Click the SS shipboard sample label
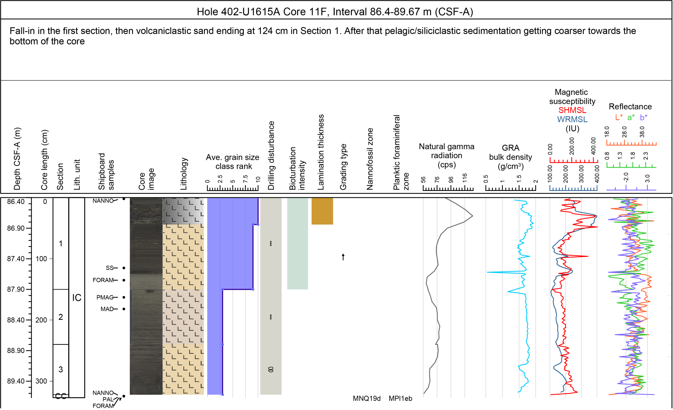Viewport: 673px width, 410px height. coord(110,268)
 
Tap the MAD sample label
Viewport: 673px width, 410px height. coord(107,309)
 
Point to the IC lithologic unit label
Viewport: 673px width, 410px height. coord(77,298)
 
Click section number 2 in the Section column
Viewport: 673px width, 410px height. coord(61,317)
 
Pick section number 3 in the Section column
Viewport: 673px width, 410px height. coord(61,369)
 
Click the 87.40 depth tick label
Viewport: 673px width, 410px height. coord(16,258)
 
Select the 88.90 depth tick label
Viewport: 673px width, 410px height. coord(16,350)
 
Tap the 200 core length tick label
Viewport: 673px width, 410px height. coord(41,320)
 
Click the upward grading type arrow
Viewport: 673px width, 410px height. coord(343,257)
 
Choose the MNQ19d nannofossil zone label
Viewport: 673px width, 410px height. coord(366,398)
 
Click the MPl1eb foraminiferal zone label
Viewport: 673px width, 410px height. coord(400,398)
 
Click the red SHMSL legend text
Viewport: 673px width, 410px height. coord(572,110)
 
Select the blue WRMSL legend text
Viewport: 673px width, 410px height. coord(572,119)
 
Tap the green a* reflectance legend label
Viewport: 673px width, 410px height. coord(631,118)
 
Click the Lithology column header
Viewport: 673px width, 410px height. coord(183,174)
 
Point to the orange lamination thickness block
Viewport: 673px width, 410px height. coord(322,211)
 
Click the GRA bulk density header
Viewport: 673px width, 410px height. coord(511,157)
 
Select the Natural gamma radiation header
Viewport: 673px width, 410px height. coord(447,155)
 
